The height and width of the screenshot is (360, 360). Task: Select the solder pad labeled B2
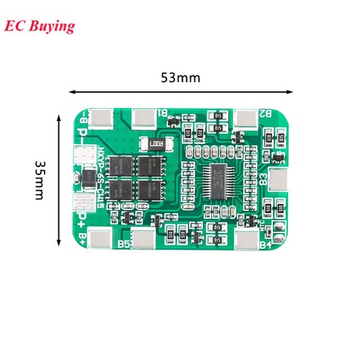coord(246,116)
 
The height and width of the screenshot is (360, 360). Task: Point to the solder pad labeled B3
coord(277,177)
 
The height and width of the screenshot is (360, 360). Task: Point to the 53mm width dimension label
coord(180,77)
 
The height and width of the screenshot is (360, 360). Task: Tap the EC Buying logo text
coord(39,27)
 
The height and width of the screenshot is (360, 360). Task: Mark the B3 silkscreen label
coord(262,177)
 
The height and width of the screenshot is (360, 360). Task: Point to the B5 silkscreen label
coord(123,245)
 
